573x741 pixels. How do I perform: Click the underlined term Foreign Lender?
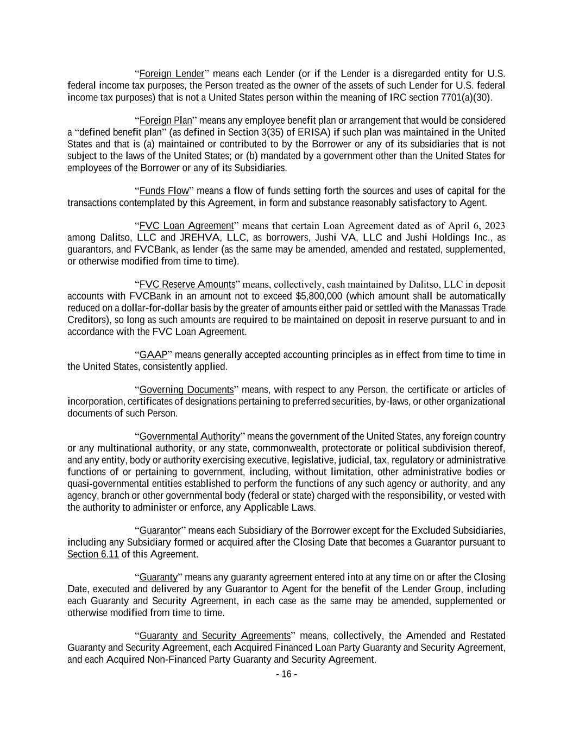pos(172,74)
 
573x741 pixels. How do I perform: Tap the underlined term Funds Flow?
pos(164,191)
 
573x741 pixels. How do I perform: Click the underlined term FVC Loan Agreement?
pos(186,226)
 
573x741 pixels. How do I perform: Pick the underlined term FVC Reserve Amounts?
pos(187,284)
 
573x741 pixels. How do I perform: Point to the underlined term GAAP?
pos(153,355)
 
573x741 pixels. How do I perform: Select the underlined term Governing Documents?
pos(186,390)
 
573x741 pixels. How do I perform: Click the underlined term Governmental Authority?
pos(190,436)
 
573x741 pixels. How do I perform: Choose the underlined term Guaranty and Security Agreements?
pos(215,636)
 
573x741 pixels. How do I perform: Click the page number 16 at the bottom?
pos(286,674)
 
